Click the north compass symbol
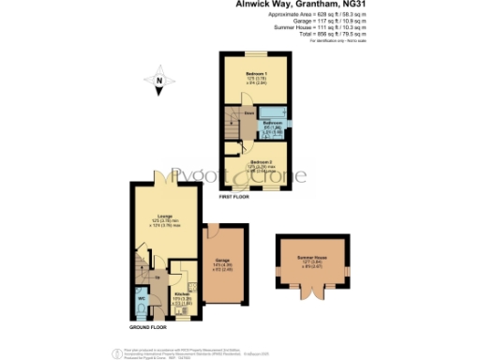point(160,82)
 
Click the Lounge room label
point(165,215)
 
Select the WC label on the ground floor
point(142,299)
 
